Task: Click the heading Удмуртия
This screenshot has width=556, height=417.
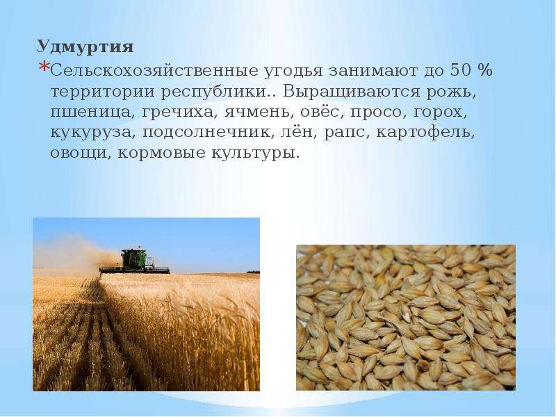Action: click(85, 47)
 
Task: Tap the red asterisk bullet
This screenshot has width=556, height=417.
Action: click(44, 67)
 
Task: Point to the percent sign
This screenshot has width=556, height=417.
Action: click(484, 70)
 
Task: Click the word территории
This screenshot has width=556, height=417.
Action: click(103, 92)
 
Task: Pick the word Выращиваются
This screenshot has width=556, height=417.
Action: click(352, 92)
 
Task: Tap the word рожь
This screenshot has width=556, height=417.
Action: click(449, 92)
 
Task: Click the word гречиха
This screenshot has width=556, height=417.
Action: click(180, 113)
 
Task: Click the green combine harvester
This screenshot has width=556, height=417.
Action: click(134, 261)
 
